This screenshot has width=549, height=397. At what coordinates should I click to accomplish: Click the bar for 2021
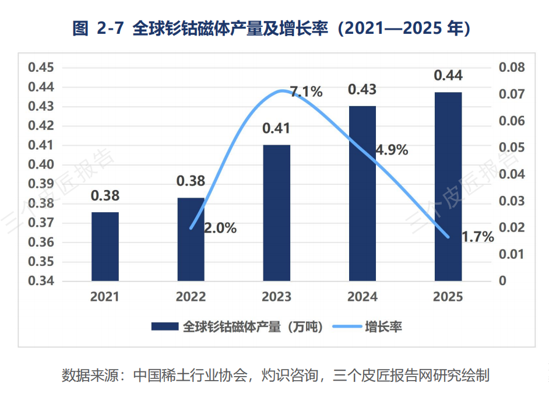tap(105, 247)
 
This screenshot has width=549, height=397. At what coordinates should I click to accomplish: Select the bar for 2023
tap(277, 213)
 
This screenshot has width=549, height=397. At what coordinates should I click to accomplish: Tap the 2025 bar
tap(448, 187)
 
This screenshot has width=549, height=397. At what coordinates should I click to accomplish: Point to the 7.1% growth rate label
tap(307, 92)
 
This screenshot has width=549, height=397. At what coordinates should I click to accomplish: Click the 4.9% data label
tap(392, 150)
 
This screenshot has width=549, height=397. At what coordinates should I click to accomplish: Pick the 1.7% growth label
tap(478, 237)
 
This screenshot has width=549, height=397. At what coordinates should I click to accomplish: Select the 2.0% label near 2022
tap(220, 229)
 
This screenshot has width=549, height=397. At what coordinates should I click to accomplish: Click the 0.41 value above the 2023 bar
tap(276, 128)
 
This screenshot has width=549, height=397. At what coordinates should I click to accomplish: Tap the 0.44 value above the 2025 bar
tap(448, 75)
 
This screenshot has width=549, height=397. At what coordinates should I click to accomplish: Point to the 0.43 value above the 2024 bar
tap(362, 90)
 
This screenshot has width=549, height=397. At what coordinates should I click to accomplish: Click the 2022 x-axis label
tap(191, 297)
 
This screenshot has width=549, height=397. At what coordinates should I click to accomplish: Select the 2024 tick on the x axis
tap(363, 297)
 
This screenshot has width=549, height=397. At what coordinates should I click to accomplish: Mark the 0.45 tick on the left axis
tap(41, 67)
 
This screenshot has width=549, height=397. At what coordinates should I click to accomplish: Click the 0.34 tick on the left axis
tap(41, 281)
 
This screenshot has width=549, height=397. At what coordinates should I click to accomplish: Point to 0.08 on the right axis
tap(512, 67)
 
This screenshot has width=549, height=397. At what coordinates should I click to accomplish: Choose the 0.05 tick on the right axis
tap(512, 147)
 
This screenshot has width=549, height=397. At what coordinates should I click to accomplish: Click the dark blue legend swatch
tap(165, 326)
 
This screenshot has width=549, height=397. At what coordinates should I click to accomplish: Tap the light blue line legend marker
tap(347, 326)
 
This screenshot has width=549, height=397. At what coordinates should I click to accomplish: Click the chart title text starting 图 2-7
tap(272, 29)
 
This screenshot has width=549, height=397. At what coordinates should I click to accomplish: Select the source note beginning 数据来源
tap(276, 375)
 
